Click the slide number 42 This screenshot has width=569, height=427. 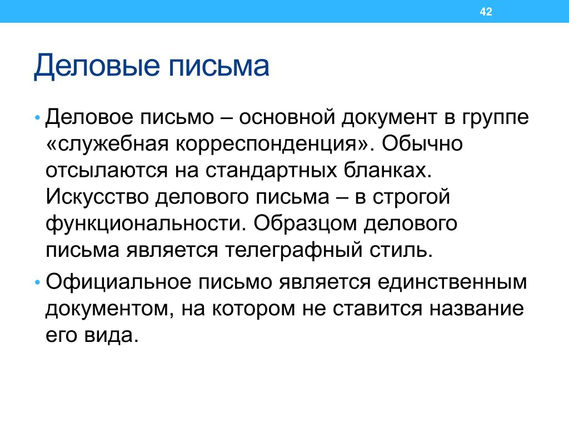(486, 12)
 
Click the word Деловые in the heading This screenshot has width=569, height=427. (97, 66)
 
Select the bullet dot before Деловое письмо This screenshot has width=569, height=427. (37, 118)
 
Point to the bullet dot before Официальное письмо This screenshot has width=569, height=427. (37, 282)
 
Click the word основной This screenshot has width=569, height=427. (287, 117)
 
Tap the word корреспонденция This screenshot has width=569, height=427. (267, 145)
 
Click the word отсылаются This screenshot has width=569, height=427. (107, 170)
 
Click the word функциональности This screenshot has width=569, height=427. (144, 224)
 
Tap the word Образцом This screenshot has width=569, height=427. (305, 224)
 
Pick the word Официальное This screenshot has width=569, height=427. (118, 282)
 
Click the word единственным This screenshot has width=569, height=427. (452, 282)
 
